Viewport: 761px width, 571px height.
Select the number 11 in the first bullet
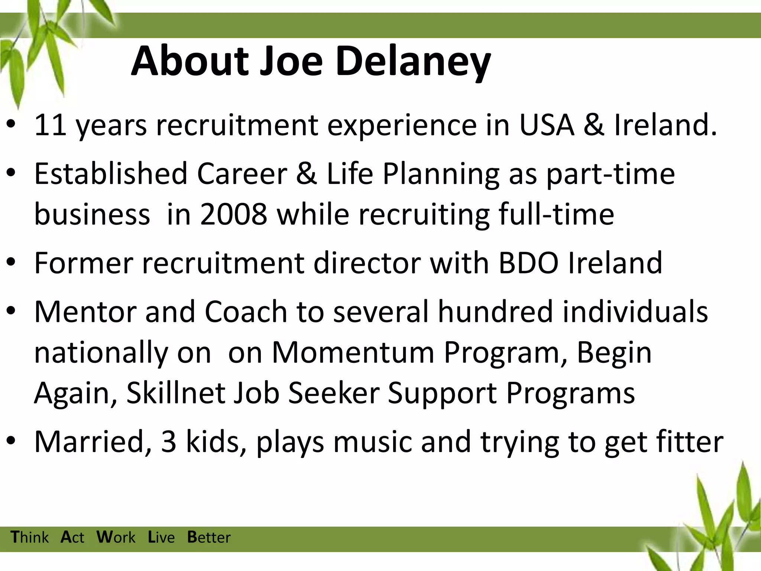[51, 125]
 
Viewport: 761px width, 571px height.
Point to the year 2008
[233, 214]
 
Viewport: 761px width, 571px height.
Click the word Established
[111, 174]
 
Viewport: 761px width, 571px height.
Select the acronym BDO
[528, 263]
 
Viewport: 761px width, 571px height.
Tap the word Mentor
[85, 312]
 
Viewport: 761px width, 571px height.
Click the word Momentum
[353, 352]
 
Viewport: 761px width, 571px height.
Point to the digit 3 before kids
[169, 442]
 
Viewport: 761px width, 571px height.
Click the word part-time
[611, 174]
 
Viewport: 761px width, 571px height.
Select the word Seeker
[334, 393]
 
